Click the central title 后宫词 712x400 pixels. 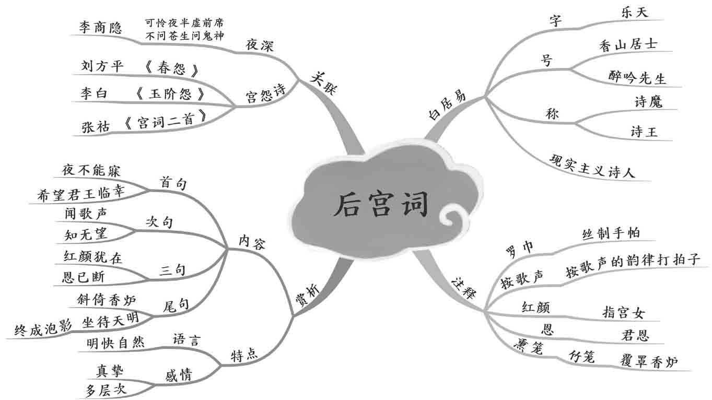pyautogui.click(x=381, y=204)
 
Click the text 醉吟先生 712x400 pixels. pyautogui.click(x=637, y=78)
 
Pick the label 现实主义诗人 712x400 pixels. pyautogui.click(x=592, y=166)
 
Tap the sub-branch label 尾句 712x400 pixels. pyautogui.click(x=176, y=305)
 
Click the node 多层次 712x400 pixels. pyautogui.click(x=106, y=389)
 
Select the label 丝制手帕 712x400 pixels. pyautogui.click(x=610, y=233)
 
